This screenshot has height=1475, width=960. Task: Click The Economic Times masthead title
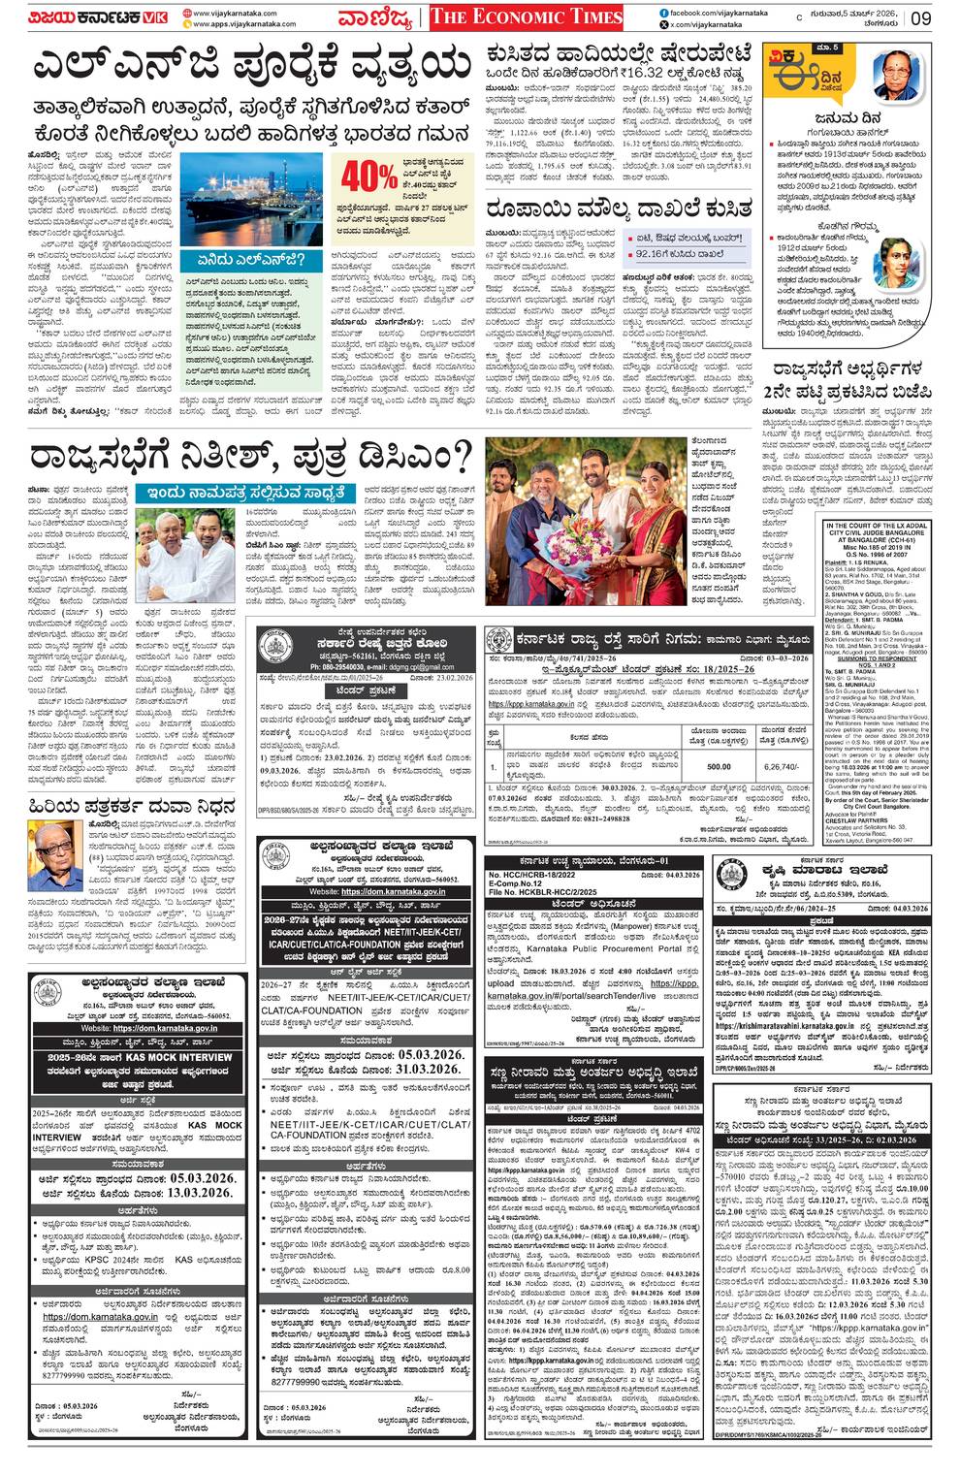525,16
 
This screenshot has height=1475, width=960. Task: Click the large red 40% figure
368,177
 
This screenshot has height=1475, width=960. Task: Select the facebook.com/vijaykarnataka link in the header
714,12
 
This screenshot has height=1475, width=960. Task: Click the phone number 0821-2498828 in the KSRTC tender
592,818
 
